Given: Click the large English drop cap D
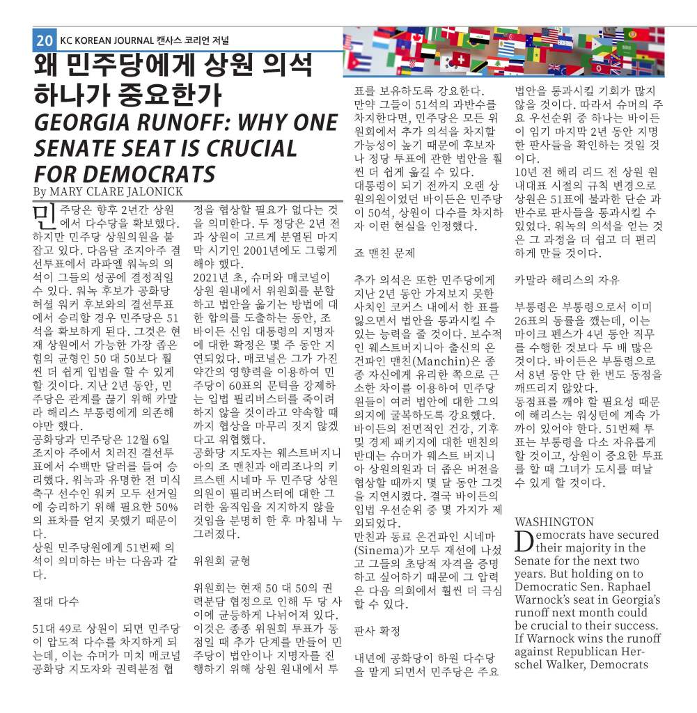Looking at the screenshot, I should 524,541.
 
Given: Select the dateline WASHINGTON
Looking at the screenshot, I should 554,522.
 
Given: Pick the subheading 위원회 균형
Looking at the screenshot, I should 221,561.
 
